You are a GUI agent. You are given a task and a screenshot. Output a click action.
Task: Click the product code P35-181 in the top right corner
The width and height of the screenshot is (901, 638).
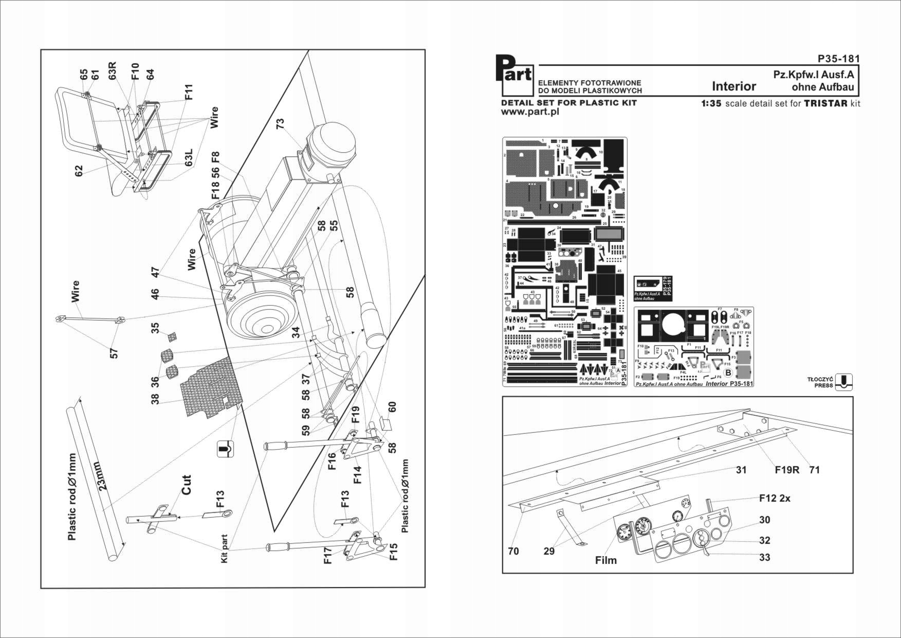click(x=838, y=59)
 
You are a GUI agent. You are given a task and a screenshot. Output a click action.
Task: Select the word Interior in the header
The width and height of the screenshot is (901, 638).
click(x=733, y=86)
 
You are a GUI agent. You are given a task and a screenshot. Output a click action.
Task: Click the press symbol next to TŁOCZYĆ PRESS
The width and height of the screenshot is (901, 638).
click(x=843, y=382)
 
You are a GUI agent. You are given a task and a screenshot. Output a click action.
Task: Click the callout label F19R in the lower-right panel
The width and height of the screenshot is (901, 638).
click(x=787, y=470)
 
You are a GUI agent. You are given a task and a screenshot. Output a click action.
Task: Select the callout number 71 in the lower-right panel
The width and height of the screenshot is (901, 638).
click(x=815, y=470)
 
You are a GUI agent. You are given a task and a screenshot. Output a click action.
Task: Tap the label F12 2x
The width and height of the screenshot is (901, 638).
click(x=775, y=498)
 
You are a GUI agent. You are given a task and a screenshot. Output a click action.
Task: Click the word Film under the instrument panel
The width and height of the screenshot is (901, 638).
click(x=605, y=560)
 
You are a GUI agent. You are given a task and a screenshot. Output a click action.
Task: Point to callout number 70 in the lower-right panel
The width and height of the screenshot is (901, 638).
click(x=513, y=551)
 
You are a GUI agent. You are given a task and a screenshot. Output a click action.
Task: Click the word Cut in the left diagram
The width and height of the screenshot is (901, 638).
click(x=186, y=485)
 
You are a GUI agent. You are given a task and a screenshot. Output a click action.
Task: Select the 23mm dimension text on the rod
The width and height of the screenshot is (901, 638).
click(x=102, y=477)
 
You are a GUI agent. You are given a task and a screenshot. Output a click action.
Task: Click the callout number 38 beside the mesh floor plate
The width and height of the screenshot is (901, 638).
click(x=155, y=399)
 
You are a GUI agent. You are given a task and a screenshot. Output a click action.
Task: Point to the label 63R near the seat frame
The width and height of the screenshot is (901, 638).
click(x=112, y=72)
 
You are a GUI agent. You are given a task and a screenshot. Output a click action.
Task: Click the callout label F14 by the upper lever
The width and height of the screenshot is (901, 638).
click(x=357, y=475)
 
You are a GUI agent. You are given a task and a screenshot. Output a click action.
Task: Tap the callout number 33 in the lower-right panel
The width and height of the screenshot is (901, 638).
click(x=764, y=557)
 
